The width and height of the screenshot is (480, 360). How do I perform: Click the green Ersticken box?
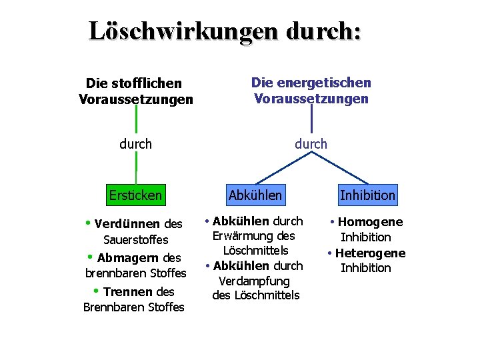(x=136, y=195)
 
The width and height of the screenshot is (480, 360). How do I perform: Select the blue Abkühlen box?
(x=255, y=195)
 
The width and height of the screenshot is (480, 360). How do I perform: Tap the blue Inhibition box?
(x=367, y=195)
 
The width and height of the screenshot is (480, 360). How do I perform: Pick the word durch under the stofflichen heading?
(x=136, y=144)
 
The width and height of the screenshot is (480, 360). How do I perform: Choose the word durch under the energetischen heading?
(x=311, y=143)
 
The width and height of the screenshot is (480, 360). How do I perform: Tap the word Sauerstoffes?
(x=136, y=240)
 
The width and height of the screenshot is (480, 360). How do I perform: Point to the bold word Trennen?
(x=127, y=292)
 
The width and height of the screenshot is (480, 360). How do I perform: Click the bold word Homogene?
(x=371, y=223)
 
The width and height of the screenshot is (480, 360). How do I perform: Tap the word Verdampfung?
(x=254, y=281)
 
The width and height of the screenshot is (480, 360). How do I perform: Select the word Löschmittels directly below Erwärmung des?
(x=255, y=251)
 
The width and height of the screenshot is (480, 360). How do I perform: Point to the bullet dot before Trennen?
(x=97, y=291)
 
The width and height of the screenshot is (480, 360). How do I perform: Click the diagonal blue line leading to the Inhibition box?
(x=340, y=168)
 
